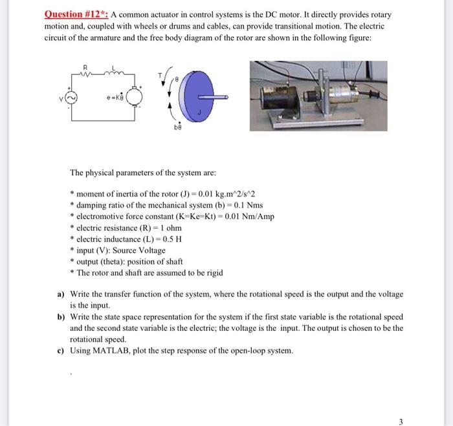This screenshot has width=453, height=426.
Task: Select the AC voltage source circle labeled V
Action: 72,99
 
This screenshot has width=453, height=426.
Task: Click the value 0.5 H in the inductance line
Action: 174,239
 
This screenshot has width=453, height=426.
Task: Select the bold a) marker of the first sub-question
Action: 61,294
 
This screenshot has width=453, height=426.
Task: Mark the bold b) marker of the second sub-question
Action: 61,317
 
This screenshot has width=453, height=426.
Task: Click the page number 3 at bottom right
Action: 401,421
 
